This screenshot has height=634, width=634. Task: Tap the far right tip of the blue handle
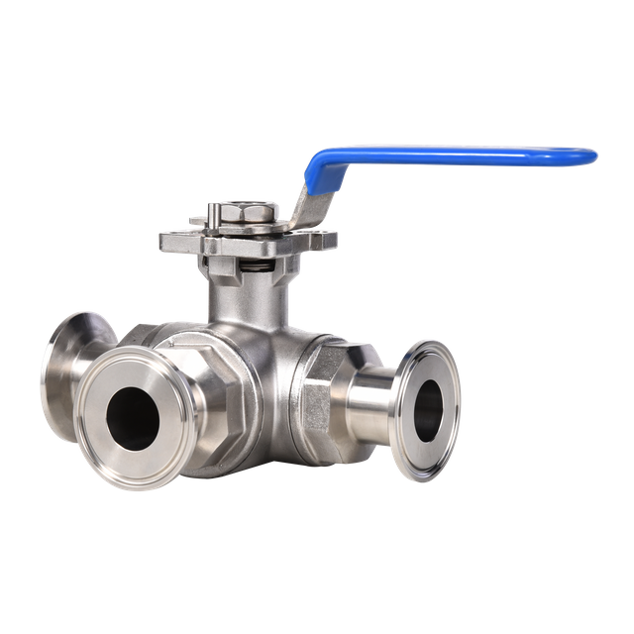(x=596, y=157)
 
